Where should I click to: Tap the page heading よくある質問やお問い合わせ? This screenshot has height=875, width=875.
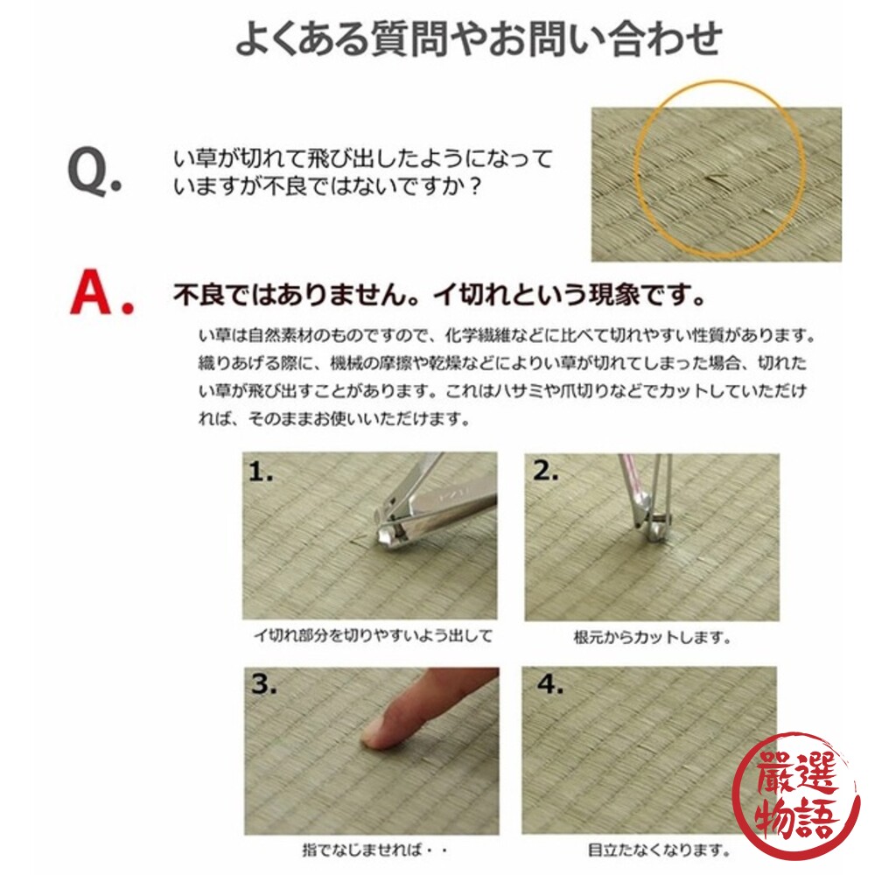[479, 39]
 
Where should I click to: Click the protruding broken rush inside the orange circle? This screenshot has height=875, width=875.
[716, 179]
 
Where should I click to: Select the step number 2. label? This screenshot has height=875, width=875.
[546, 472]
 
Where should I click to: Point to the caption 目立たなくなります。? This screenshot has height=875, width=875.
[645, 849]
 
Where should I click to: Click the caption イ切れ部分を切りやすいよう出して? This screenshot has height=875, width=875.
[372, 636]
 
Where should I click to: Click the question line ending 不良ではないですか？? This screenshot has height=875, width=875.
[327, 186]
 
